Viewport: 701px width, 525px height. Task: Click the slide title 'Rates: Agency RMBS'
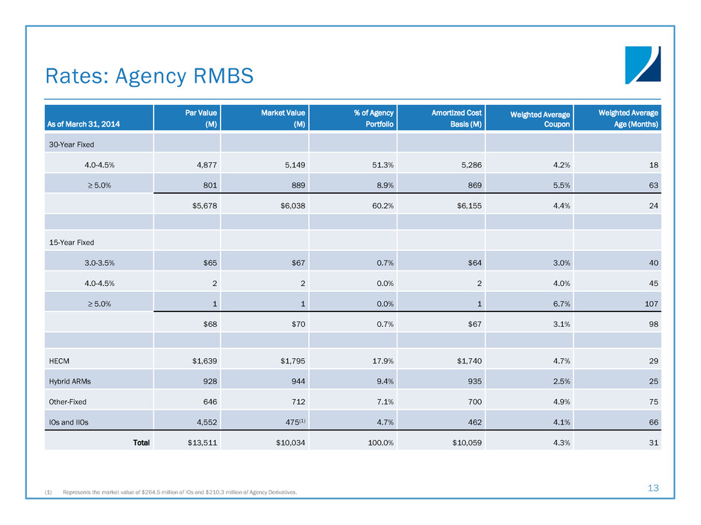pos(149,75)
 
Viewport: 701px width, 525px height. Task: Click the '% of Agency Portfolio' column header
pos(374,118)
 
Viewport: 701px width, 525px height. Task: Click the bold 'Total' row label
pos(141,442)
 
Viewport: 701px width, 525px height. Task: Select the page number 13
pos(653,489)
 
